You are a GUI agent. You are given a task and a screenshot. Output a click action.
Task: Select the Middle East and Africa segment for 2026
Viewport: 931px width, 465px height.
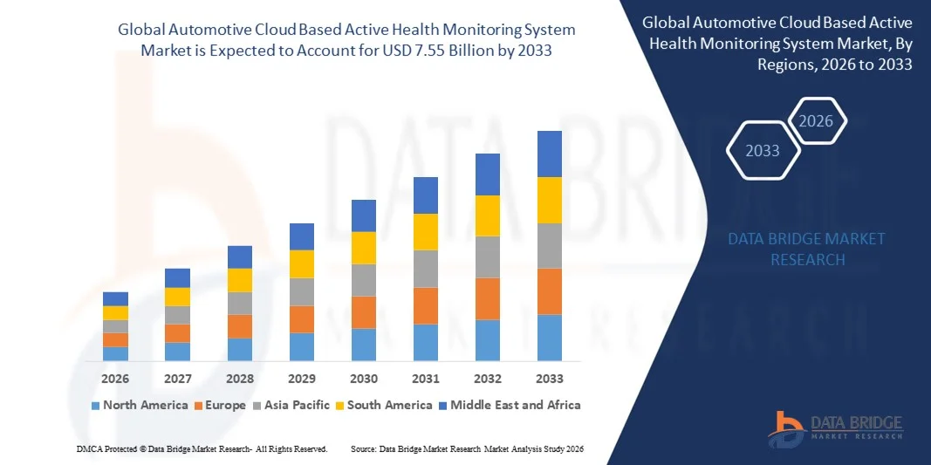[x=115, y=298]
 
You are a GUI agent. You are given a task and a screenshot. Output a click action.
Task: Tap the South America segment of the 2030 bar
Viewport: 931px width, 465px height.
[x=364, y=248]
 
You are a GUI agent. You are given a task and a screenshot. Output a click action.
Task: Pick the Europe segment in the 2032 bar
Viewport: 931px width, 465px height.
[x=487, y=298]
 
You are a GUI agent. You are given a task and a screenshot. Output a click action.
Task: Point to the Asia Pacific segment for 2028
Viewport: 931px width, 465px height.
[x=240, y=303]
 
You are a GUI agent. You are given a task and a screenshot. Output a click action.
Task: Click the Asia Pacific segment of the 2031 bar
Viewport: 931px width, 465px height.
[x=425, y=269]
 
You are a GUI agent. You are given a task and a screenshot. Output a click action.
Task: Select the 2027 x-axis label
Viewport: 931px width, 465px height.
[x=177, y=379]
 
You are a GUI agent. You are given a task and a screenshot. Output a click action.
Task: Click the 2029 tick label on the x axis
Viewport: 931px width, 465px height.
[x=302, y=379]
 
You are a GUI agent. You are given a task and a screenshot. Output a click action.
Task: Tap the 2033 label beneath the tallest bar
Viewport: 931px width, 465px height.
[x=550, y=379]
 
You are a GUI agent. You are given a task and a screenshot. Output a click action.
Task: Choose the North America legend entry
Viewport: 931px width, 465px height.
[x=140, y=405]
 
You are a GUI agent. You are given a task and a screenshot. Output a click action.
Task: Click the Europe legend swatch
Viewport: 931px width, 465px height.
[x=199, y=406]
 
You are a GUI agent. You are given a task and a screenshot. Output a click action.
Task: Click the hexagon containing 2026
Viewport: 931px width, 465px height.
[x=817, y=121]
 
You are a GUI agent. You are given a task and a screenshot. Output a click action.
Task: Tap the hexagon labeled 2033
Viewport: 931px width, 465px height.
[x=762, y=151]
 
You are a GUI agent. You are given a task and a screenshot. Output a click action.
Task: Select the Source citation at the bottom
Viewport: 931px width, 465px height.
[x=466, y=448]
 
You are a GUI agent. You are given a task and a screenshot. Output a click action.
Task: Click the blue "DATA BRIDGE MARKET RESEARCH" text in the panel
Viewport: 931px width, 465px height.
[x=807, y=249]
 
